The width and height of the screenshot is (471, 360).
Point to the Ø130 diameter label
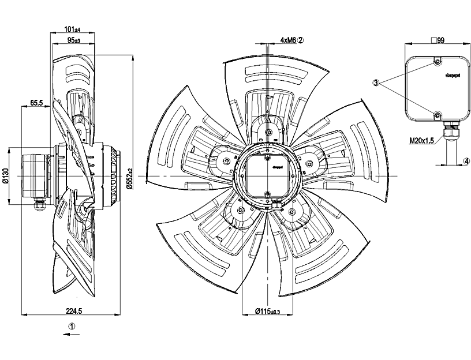(x=6, y=175)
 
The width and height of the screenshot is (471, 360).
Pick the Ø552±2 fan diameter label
(x=130, y=175)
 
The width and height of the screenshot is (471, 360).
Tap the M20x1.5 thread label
(x=422, y=140)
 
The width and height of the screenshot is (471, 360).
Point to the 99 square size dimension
(x=440, y=40)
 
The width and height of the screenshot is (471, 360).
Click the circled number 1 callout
(x=72, y=325)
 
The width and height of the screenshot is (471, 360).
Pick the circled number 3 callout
(x=376, y=83)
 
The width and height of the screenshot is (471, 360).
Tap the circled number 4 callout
(x=466, y=160)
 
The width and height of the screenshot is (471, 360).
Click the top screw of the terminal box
(x=438, y=61)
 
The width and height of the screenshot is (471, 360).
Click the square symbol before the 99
(x=433, y=40)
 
